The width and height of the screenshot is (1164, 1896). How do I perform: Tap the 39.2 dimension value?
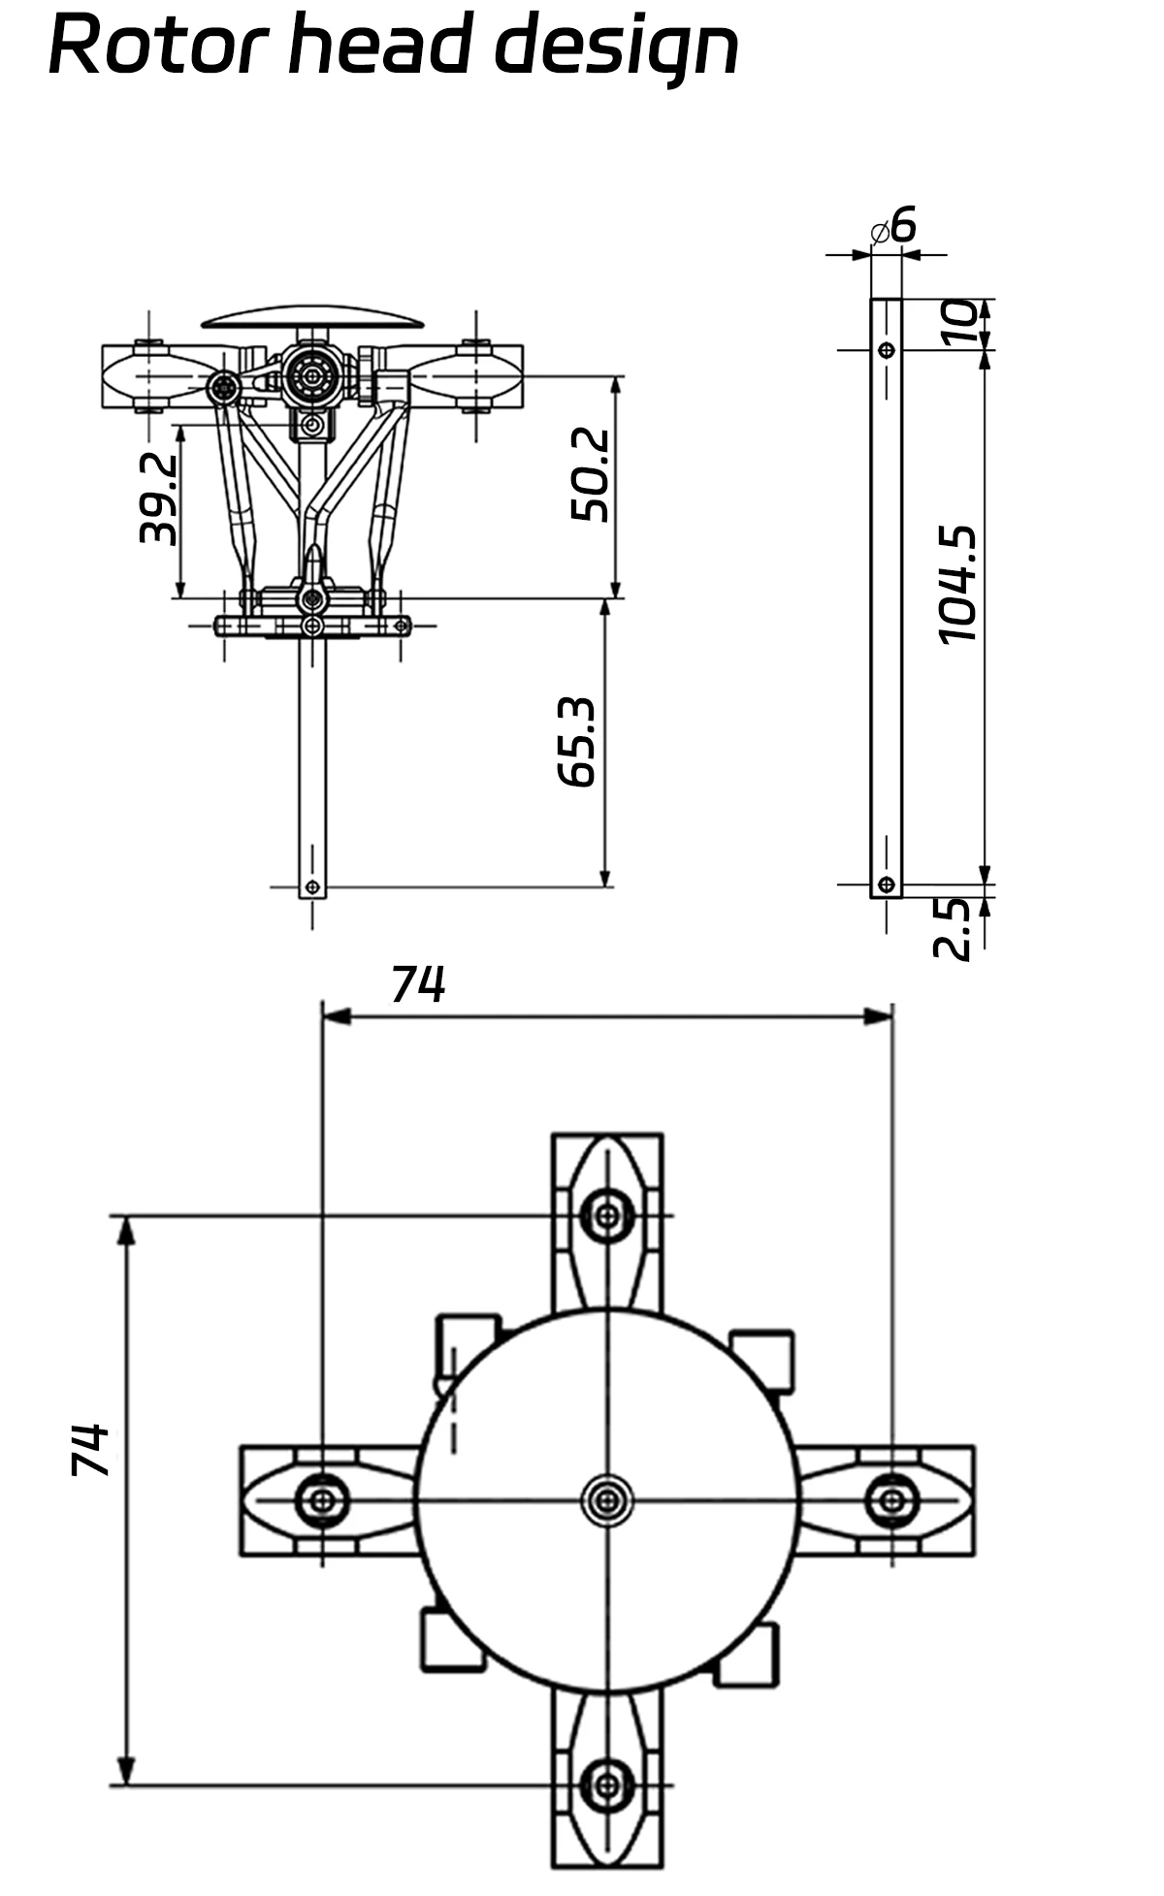(157, 498)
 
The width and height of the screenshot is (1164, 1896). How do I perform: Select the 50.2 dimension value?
(590, 475)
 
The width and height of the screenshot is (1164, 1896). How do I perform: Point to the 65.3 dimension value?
(576, 741)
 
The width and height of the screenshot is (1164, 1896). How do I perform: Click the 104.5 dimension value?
(957, 585)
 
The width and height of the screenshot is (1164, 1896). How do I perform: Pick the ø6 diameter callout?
(893, 226)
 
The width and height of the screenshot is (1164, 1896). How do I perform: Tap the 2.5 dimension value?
(952, 928)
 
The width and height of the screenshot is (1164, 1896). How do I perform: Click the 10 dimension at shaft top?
(958, 323)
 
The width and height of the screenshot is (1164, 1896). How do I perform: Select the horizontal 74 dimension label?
(418, 984)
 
